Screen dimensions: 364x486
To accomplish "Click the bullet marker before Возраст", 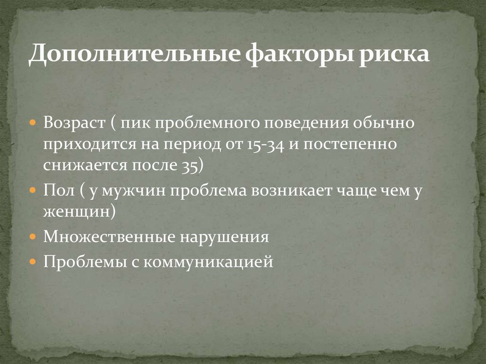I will click(33, 123).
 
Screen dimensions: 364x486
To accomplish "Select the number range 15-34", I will click(265, 144).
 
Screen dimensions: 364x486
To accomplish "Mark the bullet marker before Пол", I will click(33, 190).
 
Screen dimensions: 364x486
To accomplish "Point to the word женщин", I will click(76, 211).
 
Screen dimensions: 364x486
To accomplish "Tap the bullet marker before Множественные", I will click(33, 236).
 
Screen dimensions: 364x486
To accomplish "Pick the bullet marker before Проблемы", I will click(33, 261).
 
